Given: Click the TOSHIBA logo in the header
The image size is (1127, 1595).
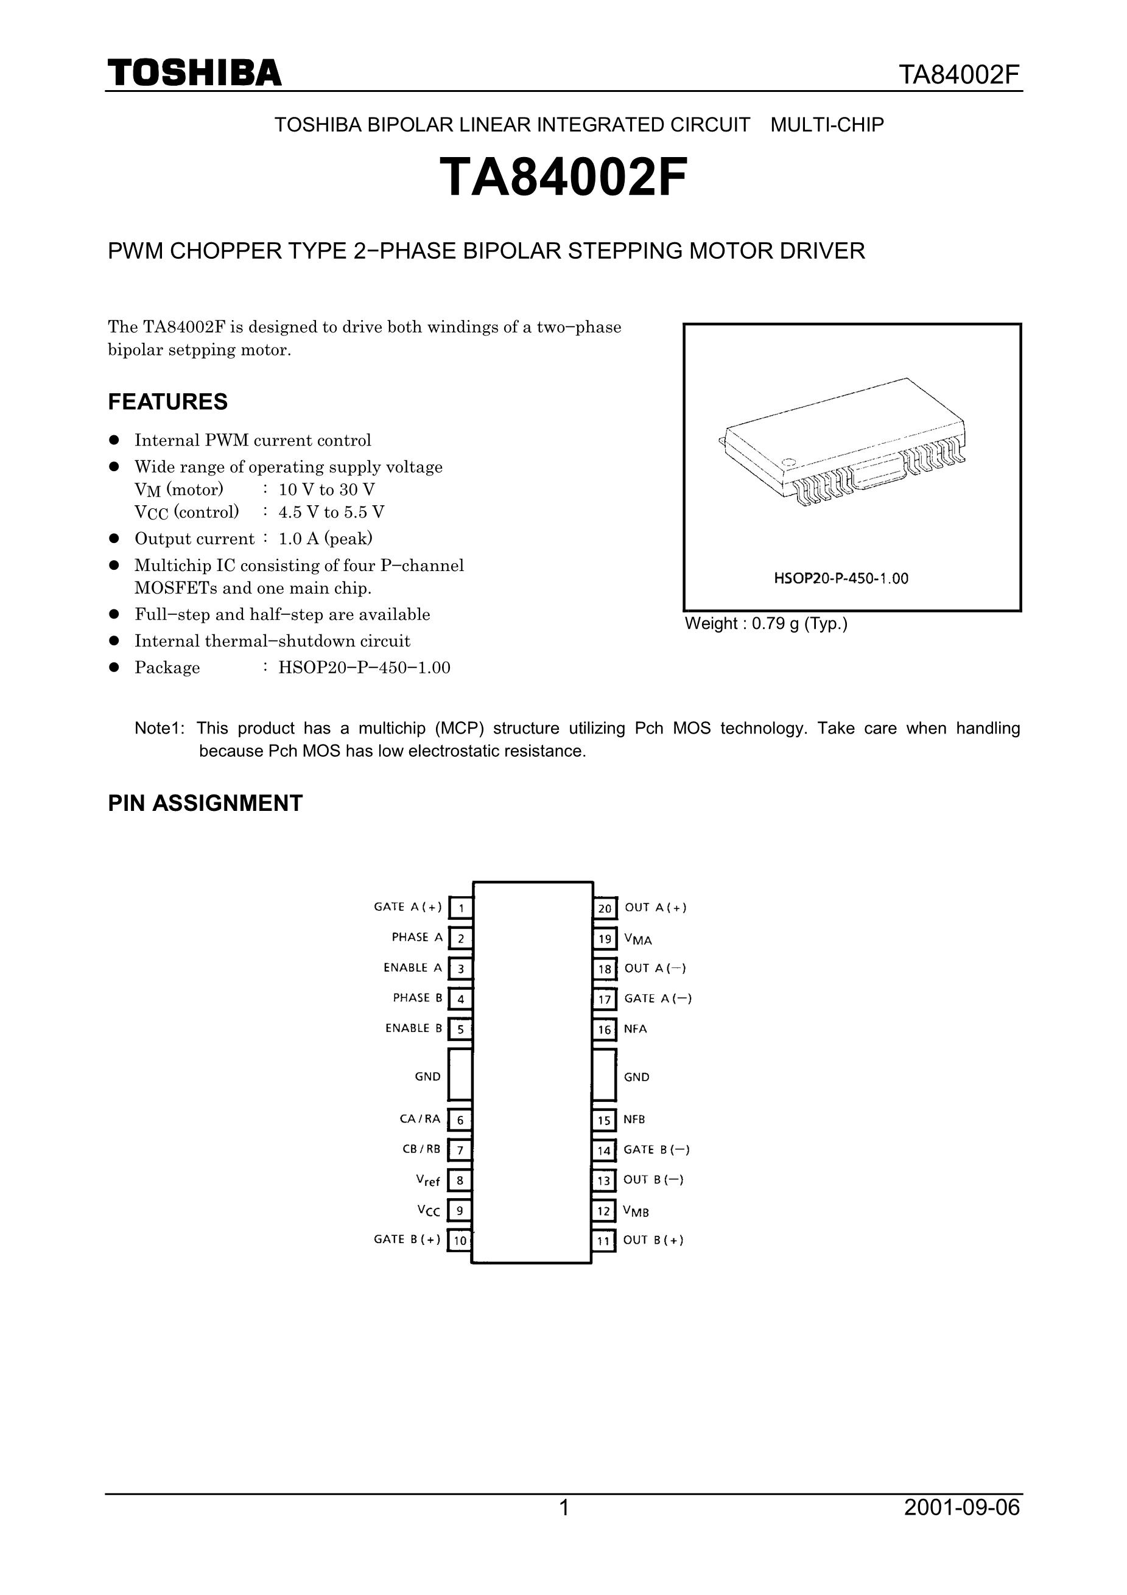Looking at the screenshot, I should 195,73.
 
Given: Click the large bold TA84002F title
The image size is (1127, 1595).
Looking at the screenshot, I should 564,177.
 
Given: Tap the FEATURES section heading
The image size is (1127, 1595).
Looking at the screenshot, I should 167,402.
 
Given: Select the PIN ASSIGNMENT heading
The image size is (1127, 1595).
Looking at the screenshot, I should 205,803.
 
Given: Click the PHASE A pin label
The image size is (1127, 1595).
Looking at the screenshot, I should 417,937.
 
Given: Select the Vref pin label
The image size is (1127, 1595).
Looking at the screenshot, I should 428,1180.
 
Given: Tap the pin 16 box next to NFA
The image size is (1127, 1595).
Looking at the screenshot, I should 605,1029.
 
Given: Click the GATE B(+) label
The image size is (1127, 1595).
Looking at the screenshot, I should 407,1239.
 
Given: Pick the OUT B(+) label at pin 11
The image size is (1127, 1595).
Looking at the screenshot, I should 653,1240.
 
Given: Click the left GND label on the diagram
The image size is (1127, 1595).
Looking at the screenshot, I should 427,1077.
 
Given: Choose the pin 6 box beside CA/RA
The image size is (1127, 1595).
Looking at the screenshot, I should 460,1120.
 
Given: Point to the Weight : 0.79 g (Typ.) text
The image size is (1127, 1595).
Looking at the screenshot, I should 767,624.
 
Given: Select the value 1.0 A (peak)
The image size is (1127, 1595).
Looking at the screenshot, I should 325,538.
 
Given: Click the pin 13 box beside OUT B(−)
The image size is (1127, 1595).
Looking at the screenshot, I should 604,1180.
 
